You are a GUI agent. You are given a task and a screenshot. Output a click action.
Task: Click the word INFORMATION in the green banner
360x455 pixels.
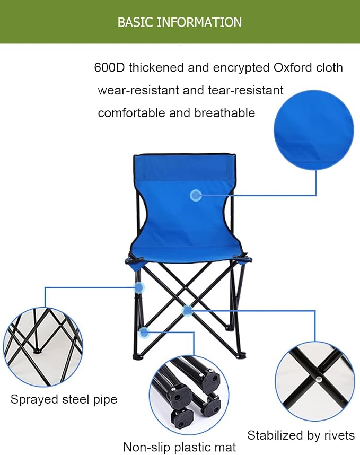click(199, 22)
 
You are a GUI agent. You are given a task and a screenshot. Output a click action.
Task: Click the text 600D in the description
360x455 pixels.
click(109, 67)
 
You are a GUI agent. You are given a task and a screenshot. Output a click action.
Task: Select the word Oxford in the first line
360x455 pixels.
click(293, 67)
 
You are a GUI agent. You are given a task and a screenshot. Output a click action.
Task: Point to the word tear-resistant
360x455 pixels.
click(245, 90)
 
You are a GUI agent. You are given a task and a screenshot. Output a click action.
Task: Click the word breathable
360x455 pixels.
click(224, 113)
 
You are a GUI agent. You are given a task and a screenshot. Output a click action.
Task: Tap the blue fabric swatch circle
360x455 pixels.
click(314, 130)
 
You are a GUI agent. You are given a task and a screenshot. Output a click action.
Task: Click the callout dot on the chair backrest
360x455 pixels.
click(196, 195)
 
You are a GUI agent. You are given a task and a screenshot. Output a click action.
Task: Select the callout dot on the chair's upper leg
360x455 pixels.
click(139, 287)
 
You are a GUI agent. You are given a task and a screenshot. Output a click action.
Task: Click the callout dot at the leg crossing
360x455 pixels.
click(188, 311)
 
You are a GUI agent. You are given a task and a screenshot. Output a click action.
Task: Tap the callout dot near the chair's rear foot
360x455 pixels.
click(144, 332)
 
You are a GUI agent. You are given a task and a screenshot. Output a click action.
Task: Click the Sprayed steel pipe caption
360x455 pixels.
click(64, 400)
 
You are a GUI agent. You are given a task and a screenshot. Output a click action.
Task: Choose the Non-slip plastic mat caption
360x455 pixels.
click(179, 447)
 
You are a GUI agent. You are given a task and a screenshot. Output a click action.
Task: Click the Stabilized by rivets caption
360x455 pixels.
click(301, 435)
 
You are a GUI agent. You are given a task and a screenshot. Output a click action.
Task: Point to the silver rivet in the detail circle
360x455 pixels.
click(319, 379)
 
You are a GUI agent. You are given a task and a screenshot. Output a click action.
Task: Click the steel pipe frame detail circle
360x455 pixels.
click(43, 347)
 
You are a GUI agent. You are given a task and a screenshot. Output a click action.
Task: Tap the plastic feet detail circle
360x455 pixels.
click(189, 395)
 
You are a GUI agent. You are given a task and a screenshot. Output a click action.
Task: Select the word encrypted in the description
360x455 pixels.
click(241, 68)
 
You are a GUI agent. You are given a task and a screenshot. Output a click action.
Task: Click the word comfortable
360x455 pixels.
click(131, 113)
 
